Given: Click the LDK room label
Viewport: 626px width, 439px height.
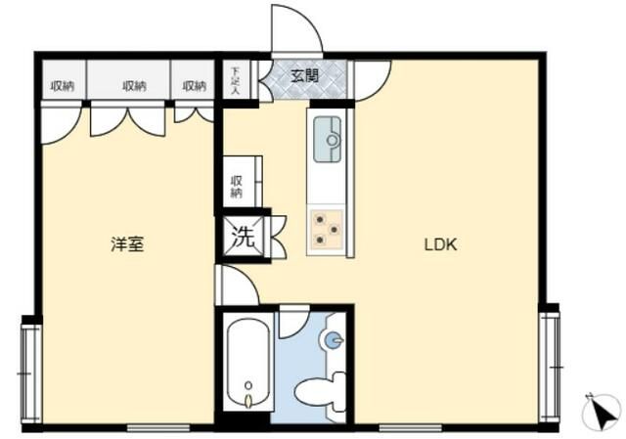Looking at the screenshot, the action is pos(440,244).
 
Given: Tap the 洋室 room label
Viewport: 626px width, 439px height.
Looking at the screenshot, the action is pos(127,243).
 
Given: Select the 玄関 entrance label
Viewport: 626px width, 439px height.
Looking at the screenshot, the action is pos(304,75).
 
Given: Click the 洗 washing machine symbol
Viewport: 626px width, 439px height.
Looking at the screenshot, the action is pos(244,237).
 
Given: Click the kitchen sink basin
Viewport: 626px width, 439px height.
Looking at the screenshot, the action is pos(328,139).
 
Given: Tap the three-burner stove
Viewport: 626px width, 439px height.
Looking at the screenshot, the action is pos(327,229).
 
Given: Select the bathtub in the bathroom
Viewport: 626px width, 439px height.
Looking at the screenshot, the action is pos(248,363).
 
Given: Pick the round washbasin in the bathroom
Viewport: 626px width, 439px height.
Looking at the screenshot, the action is pos(333,340).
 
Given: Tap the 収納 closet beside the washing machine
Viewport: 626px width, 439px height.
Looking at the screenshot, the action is pos(238,182).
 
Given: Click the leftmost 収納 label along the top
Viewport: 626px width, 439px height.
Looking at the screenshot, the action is pos(63,86).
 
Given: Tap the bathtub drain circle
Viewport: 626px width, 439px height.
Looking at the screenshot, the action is pos(248,385).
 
